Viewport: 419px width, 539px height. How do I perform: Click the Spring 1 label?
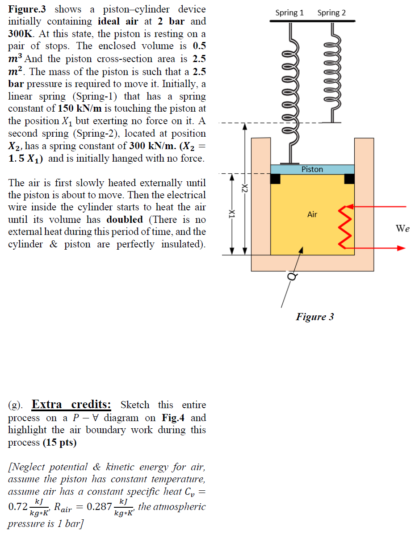click(x=289, y=13)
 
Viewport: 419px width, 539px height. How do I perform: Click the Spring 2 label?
click(x=331, y=13)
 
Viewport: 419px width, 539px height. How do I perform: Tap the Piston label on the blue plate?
click(x=312, y=169)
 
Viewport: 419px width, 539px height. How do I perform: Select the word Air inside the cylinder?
click(x=312, y=214)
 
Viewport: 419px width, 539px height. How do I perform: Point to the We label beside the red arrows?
click(x=402, y=228)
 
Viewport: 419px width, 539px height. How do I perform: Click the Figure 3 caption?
click(x=314, y=317)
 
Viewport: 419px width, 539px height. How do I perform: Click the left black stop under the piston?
click(x=275, y=178)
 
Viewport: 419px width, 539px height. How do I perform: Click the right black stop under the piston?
click(x=349, y=178)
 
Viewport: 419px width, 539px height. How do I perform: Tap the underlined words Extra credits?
click(x=71, y=405)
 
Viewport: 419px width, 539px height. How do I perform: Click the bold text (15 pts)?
click(x=59, y=443)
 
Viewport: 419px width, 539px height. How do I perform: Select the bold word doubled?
click(x=125, y=220)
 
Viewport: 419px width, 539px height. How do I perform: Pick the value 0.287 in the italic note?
click(x=96, y=506)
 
